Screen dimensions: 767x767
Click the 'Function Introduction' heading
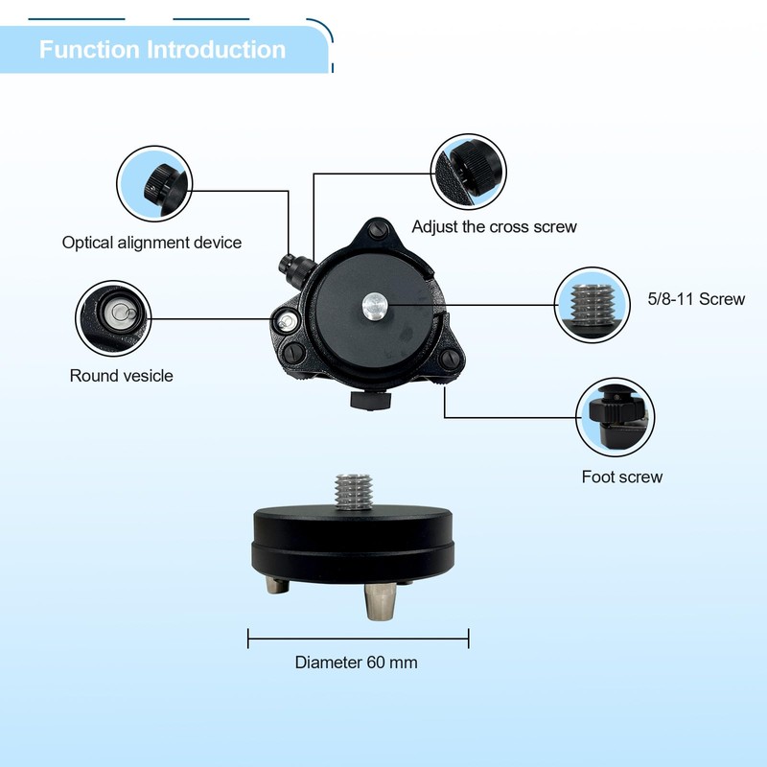(162, 50)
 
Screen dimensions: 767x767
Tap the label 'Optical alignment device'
(151, 243)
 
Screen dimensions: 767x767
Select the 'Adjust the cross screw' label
(494, 227)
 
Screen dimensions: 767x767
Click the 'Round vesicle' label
(122, 376)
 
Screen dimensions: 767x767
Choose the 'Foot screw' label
(621, 476)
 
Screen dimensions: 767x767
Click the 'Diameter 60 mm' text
(356, 662)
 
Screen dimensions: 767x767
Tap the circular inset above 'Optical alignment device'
(154, 183)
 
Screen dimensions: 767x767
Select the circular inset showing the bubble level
(114, 318)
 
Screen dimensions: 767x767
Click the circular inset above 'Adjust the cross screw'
(468, 170)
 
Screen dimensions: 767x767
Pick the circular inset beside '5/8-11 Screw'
(593, 303)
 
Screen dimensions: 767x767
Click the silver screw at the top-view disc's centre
(372, 305)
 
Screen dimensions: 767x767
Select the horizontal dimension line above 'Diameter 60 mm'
(358, 638)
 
